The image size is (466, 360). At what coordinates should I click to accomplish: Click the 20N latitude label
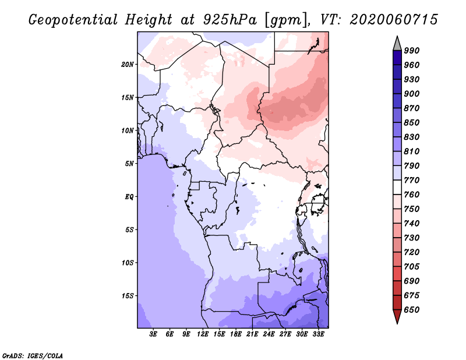pos(128,64)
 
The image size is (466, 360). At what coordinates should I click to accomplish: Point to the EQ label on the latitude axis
pos(129,196)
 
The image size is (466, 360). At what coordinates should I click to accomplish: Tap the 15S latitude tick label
pos(128,295)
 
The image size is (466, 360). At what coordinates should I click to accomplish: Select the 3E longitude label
pos(153,334)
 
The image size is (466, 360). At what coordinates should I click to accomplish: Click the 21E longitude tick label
pos(252,334)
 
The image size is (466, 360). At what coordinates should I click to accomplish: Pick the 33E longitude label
pos(318,334)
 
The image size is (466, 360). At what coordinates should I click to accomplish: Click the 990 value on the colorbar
pos(412,50)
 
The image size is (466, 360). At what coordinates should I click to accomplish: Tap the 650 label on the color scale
pos(412,309)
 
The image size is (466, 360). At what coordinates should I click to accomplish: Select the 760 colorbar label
pos(412,195)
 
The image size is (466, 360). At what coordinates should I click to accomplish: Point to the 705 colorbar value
pos(412,266)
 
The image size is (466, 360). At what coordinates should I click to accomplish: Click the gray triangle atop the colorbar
pos(397,44)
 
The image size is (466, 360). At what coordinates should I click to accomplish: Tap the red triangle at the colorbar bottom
pos(397,316)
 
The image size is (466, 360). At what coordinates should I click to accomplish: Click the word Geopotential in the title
pos(73,20)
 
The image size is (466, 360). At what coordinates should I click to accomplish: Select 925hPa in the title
pos(230,20)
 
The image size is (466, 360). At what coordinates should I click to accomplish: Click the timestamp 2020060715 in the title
pos(394,19)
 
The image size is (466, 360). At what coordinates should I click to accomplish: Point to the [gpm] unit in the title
pos(285,20)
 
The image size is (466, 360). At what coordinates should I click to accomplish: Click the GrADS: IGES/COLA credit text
pos(33,355)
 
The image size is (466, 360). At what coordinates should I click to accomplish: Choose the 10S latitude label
pos(128,263)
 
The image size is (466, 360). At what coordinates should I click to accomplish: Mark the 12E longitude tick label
pos(203,334)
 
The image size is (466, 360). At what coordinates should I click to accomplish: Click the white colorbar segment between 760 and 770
pos(397,188)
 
